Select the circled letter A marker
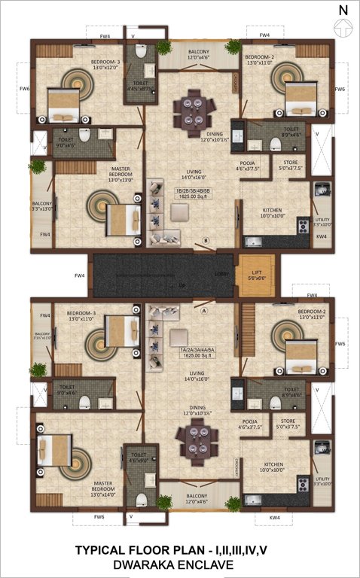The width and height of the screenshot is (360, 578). tap(203, 308)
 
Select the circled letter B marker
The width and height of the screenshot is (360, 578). tap(205, 241)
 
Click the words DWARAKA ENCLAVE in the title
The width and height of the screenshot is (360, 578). tap(179, 564)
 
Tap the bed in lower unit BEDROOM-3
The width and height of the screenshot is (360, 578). tap(118, 330)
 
